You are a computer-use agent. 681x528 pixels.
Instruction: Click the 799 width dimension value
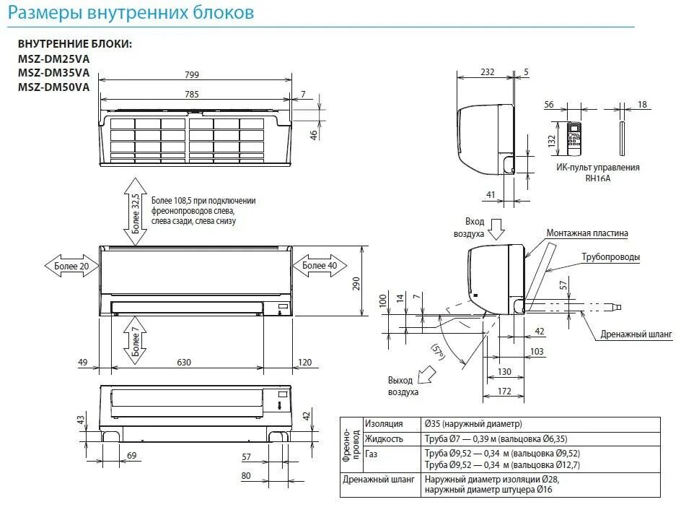[x=191, y=74]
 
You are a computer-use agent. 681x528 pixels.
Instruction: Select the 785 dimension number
[x=191, y=94]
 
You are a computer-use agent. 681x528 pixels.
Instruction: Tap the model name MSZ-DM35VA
[x=54, y=72]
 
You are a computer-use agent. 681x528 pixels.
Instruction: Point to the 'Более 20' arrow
[x=71, y=265]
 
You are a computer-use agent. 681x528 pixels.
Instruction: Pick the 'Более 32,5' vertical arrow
[x=135, y=209]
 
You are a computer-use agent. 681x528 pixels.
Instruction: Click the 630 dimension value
[x=185, y=362]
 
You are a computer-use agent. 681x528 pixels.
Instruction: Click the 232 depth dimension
[x=488, y=72]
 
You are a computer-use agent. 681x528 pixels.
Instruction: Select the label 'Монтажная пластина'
[x=587, y=233]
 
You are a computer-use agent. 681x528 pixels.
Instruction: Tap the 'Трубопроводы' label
[x=611, y=256]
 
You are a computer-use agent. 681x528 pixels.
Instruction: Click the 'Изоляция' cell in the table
[x=384, y=424]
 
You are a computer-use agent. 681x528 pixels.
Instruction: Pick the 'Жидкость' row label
[x=384, y=438]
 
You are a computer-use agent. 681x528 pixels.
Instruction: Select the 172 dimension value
[x=504, y=391]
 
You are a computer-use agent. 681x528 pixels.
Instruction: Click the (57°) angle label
[x=438, y=352]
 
